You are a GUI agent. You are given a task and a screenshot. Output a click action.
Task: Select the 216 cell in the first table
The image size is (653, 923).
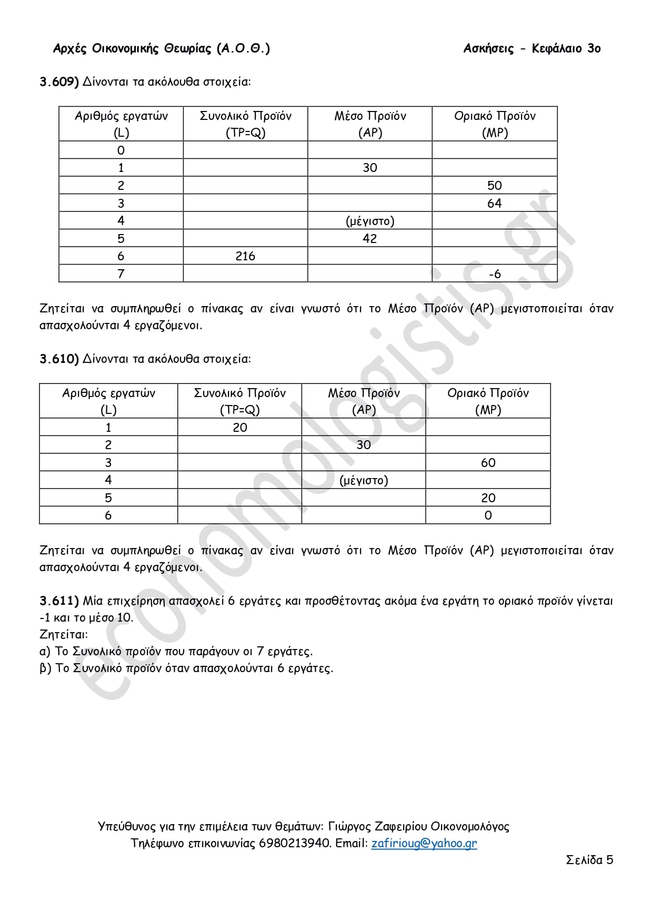[x=245, y=256]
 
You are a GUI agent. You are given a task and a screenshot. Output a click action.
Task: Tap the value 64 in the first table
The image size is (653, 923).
[x=494, y=203]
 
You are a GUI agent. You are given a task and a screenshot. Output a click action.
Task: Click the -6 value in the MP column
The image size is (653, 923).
[x=494, y=274]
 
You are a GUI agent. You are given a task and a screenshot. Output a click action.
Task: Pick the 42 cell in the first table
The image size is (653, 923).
[x=369, y=238]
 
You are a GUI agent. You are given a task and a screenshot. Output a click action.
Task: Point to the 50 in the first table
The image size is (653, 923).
[x=494, y=185]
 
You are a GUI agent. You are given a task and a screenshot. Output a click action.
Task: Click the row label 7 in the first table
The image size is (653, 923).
[x=120, y=274]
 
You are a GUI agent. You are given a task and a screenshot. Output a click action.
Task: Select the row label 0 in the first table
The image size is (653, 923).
[x=120, y=150]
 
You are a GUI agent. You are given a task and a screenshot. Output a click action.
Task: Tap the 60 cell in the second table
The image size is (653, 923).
[x=488, y=463]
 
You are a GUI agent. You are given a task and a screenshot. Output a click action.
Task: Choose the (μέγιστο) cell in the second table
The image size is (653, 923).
[x=364, y=480]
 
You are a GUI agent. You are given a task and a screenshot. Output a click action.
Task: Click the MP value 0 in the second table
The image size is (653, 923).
[x=488, y=515]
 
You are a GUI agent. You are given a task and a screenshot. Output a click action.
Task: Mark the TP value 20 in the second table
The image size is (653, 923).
[x=239, y=428]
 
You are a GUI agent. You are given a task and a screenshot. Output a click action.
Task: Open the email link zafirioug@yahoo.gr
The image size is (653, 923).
[x=424, y=844]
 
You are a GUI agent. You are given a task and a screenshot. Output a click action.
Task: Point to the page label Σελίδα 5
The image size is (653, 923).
[x=589, y=860]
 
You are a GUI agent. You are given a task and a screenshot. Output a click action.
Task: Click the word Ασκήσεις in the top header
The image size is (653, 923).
[x=488, y=48]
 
